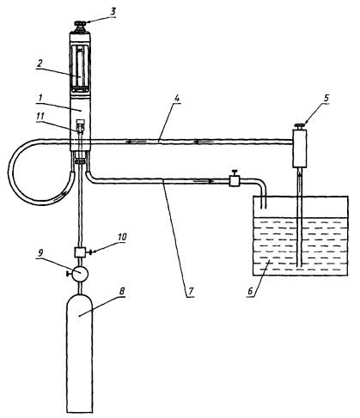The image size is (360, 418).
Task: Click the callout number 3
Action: pyautogui.click(x=113, y=12)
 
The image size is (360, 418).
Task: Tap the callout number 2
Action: pyautogui.click(x=40, y=64)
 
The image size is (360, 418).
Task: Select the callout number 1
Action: pyautogui.click(x=40, y=98)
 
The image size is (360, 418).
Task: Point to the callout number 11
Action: pyautogui.click(x=40, y=117)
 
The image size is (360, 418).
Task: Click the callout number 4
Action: pyautogui.click(x=177, y=99)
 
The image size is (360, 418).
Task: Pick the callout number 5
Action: pyautogui.click(x=326, y=98)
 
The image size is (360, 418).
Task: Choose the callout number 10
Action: pyautogui.click(x=121, y=238)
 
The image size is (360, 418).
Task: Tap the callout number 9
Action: pyautogui.click(x=40, y=252)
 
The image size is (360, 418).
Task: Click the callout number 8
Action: pyautogui.click(x=122, y=292)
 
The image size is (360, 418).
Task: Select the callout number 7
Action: pyautogui.click(x=191, y=292)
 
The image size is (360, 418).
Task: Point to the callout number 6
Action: pyautogui.click(x=250, y=292)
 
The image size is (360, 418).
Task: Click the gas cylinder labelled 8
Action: pyautogui.click(x=79, y=353)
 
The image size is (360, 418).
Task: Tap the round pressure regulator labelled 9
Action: pyautogui.click(x=79, y=274)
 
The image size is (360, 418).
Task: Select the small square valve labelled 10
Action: pyautogui.click(x=79, y=252)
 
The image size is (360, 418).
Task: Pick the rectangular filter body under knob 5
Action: pyautogui.click(x=300, y=148)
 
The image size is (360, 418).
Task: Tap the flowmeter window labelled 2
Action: pyautogui.click(x=80, y=68)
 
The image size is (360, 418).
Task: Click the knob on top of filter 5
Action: pyautogui.click(x=300, y=126)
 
